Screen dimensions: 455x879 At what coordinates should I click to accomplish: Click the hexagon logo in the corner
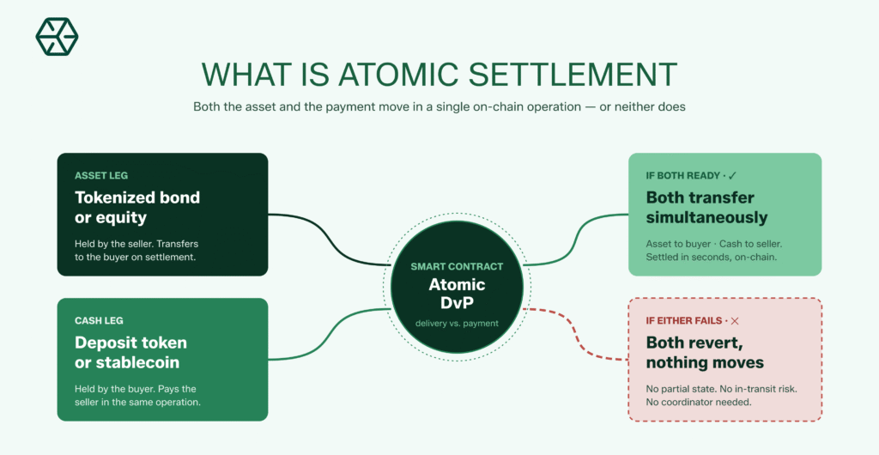click(x=57, y=36)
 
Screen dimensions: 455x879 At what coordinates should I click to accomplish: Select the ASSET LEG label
click(x=101, y=175)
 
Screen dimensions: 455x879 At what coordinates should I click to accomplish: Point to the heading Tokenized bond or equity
click(x=136, y=207)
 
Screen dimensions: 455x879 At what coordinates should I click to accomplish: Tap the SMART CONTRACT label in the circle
click(x=457, y=267)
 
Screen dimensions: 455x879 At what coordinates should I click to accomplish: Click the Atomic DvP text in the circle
click(x=457, y=294)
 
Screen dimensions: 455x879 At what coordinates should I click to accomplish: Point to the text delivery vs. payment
click(x=457, y=323)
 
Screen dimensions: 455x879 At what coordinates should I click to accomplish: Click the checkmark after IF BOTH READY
click(x=732, y=175)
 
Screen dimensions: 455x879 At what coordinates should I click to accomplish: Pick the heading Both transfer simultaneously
click(x=706, y=207)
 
